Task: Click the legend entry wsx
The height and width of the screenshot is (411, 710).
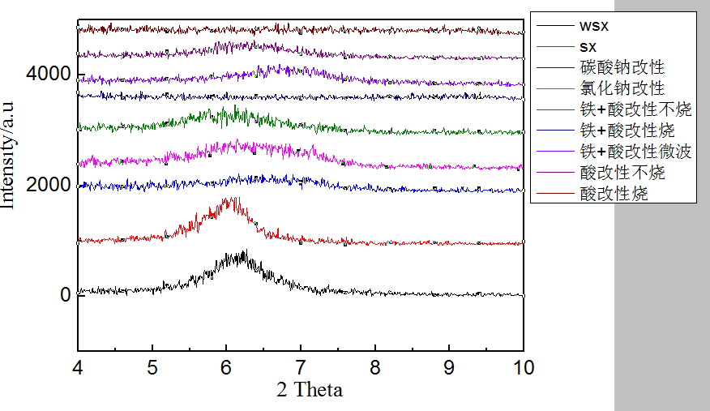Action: (593, 26)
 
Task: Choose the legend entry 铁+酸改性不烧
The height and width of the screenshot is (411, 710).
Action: (635, 109)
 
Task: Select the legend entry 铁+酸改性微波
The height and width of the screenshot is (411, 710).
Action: (635, 152)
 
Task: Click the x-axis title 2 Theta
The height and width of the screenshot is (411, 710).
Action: (310, 390)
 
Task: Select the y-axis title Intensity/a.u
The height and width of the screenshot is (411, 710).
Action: (9, 154)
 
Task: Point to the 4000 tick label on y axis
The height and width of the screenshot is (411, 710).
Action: (49, 75)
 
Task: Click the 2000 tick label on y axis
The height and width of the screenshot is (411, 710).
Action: (49, 185)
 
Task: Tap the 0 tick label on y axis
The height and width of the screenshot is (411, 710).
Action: (65, 295)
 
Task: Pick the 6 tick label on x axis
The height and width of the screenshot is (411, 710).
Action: (226, 366)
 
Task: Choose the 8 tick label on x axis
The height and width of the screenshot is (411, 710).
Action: (375, 366)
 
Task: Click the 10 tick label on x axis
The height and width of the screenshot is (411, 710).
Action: (524, 366)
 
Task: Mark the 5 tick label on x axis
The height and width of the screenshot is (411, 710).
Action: (152, 366)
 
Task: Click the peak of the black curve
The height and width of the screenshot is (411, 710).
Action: (242, 251)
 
